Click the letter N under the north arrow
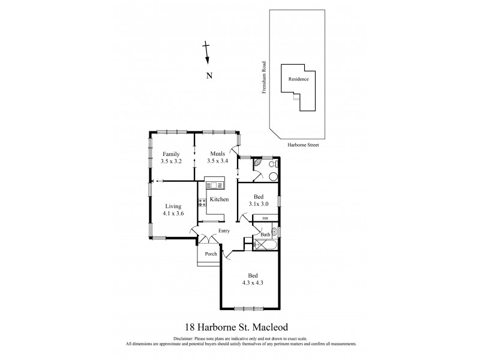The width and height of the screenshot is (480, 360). pos(209,76)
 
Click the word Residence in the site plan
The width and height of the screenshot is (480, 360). pos(298,79)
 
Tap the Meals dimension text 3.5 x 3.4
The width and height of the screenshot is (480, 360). pos(217,161)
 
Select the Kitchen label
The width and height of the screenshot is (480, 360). pos(218,199)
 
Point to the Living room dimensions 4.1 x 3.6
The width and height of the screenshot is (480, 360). pos(172,213)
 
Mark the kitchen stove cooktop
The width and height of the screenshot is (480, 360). pos(202,203)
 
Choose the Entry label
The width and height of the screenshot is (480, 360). pos(224,230)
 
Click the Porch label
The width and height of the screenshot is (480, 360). pos(211,254)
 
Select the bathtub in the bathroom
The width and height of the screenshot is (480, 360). pos(266,245)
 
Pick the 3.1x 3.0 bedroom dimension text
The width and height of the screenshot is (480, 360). pos(259,205)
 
